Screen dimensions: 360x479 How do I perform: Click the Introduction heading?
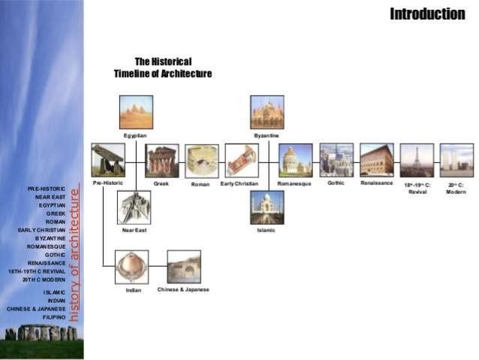pyautogui.click(x=427, y=14)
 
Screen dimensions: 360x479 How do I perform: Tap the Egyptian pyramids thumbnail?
pyautogui.click(x=136, y=112)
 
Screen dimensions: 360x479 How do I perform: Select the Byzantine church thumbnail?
pyautogui.click(x=267, y=112)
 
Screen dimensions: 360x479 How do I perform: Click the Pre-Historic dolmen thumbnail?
pyautogui.click(x=108, y=160)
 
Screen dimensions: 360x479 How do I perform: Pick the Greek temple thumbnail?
pyautogui.click(x=162, y=160)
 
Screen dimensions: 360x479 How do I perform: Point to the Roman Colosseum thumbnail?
pyautogui.click(x=202, y=161)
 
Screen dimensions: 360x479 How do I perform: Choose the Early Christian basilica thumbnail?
pyautogui.click(x=242, y=160)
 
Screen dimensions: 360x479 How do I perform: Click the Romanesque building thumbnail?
pyautogui.click(x=295, y=160)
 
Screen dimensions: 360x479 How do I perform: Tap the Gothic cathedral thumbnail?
pyautogui.click(x=336, y=160)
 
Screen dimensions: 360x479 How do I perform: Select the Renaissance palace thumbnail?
pyautogui.click(x=376, y=160)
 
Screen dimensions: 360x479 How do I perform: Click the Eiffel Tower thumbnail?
pyautogui.click(x=417, y=160)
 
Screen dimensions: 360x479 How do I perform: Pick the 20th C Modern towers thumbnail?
pyautogui.click(x=456, y=160)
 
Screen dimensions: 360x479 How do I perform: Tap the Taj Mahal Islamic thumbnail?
pyautogui.click(x=267, y=207)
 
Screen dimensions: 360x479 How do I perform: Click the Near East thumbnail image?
pyautogui.click(x=134, y=207)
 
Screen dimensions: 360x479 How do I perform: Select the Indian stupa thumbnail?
pyautogui.click(x=131, y=268)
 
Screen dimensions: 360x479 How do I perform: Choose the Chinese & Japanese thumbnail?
pyautogui.click(x=184, y=267)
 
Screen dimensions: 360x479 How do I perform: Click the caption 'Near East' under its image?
pyautogui.click(x=134, y=230)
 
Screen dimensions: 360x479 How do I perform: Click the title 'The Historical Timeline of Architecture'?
pyautogui.click(x=163, y=68)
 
